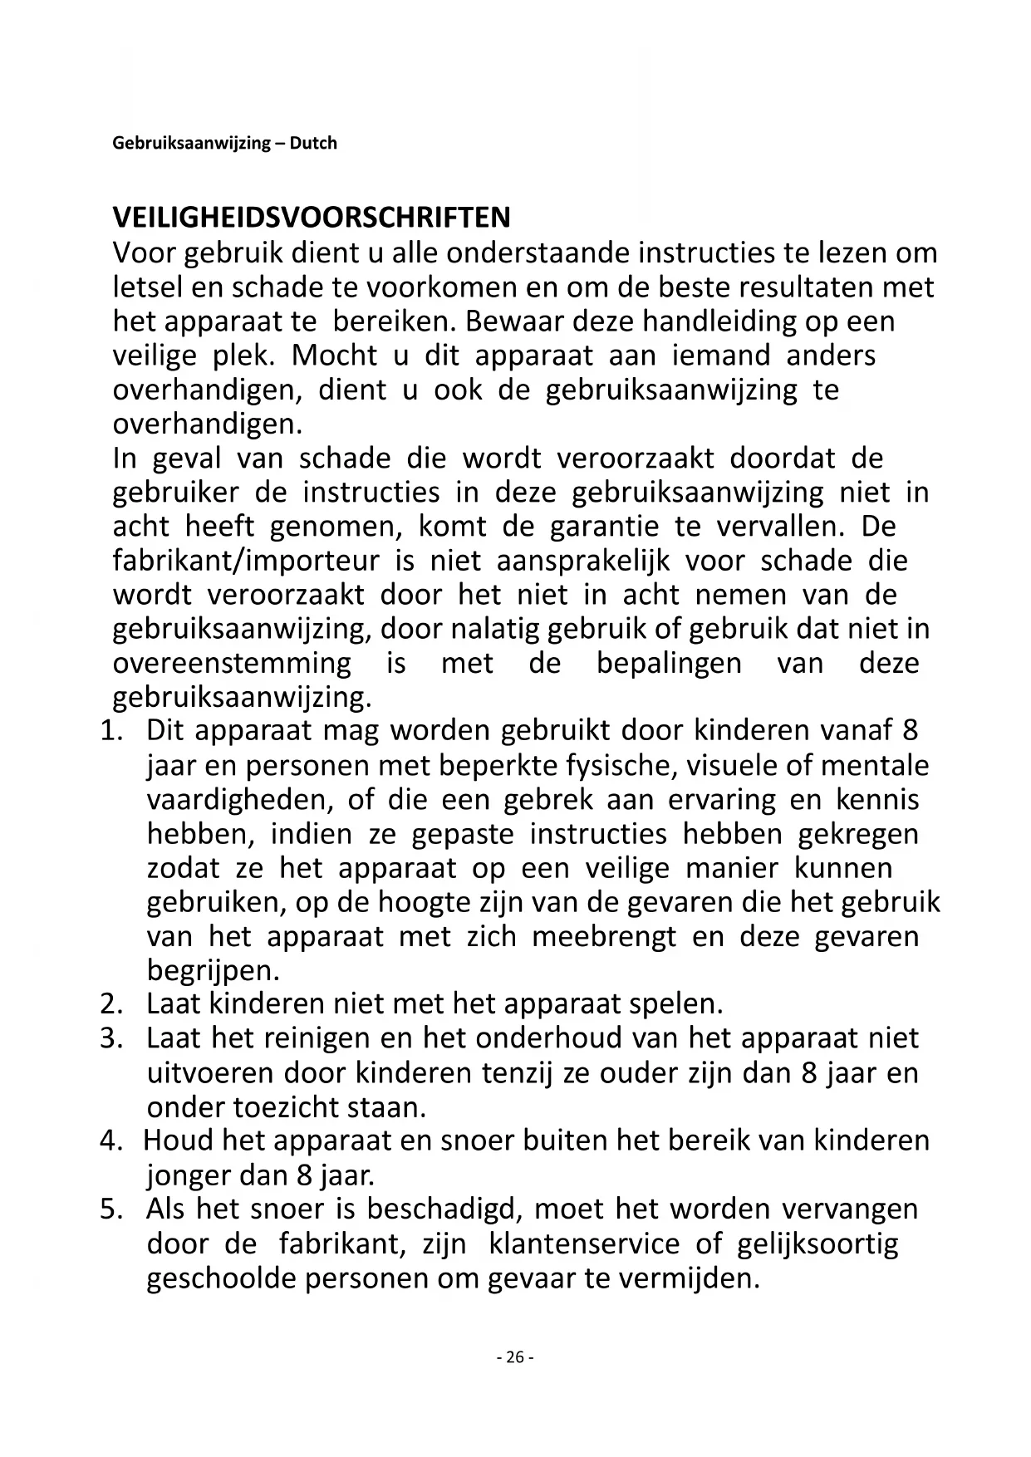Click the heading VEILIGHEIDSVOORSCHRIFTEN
click(x=312, y=218)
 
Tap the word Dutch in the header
click(x=313, y=143)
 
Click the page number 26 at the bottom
click(x=515, y=1357)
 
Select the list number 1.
click(x=111, y=731)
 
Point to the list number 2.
click(x=111, y=1004)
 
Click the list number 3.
click(x=111, y=1038)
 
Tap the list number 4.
click(x=111, y=1141)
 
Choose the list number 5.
click(x=111, y=1209)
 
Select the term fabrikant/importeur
click(x=246, y=561)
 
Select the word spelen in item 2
click(x=675, y=1004)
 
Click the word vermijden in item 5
click(x=689, y=1278)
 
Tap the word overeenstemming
click(x=232, y=664)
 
